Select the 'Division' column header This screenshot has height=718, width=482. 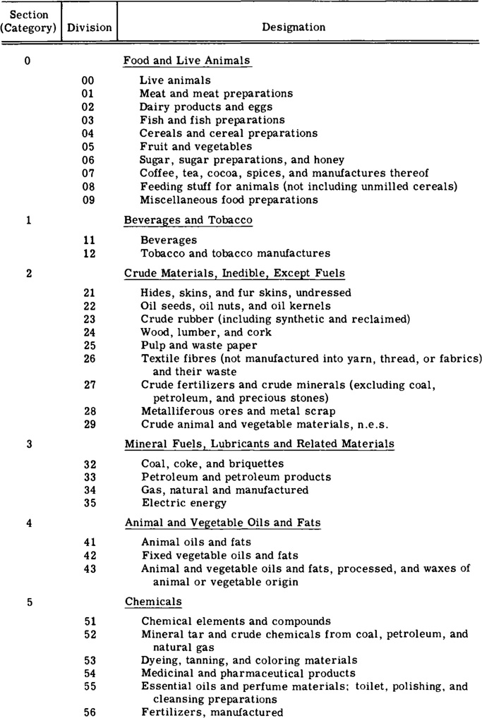(x=89, y=28)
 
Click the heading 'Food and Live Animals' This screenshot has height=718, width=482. (x=187, y=61)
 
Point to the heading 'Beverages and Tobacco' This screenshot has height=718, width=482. (x=188, y=220)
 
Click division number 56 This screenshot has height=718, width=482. (x=89, y=712)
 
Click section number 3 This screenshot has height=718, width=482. (x=28, y=444)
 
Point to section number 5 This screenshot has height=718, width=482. (x=28, y=602)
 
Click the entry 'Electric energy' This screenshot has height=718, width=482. (x=184, y=504)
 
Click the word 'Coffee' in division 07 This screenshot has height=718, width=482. (x=155, y=174)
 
